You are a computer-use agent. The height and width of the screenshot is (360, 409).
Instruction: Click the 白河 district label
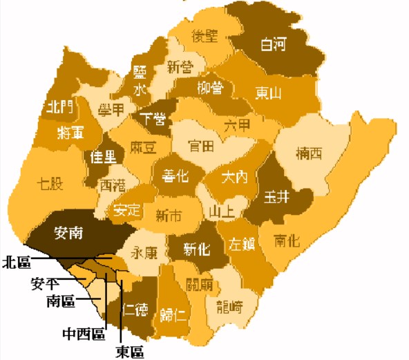tap(274, 46)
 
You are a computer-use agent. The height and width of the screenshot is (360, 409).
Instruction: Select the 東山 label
tap(267, 93)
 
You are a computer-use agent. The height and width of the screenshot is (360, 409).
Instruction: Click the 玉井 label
tap(276, 196)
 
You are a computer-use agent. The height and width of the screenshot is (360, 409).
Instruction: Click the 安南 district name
tap(68, 233)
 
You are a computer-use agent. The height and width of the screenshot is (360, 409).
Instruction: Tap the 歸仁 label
tap(172, 316)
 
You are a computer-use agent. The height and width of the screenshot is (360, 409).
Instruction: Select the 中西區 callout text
tap(84, 333)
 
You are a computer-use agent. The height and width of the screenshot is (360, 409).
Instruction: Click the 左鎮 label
tap(242, 244)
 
